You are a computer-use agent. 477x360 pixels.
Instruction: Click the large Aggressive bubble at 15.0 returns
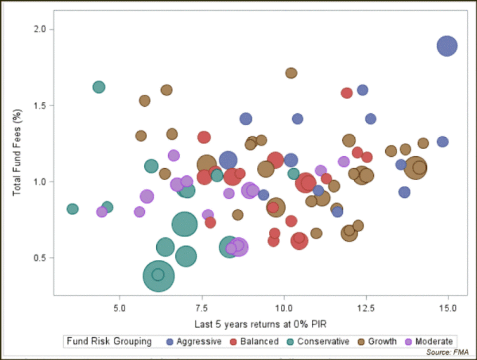(x=447, y=45)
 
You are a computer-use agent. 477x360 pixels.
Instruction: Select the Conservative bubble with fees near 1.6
(x=99, y=87)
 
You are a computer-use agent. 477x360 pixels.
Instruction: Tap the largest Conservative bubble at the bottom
(x=159, y=275)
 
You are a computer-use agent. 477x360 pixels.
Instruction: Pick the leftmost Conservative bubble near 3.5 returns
(x=73, y=209)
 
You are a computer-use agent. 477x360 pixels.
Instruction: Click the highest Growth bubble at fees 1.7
(x=291, y=73)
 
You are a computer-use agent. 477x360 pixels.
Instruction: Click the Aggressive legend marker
(x=170, y=342)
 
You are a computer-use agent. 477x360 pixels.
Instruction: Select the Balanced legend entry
(x=253, y=342)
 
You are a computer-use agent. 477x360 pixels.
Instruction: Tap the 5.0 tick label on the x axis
(x=120, y=308)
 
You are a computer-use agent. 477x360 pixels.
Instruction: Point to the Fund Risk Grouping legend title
(x=109, y=342)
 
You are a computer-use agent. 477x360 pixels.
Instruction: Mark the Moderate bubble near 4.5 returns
(x=102, y=212)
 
